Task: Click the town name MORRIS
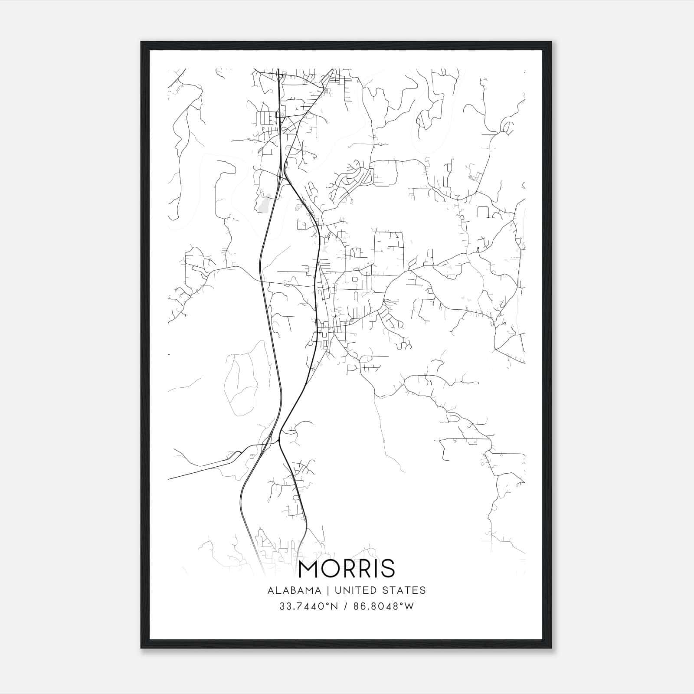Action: pos(347,568)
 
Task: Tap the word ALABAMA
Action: pos(295,590)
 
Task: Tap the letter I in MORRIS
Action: pos(376,568)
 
